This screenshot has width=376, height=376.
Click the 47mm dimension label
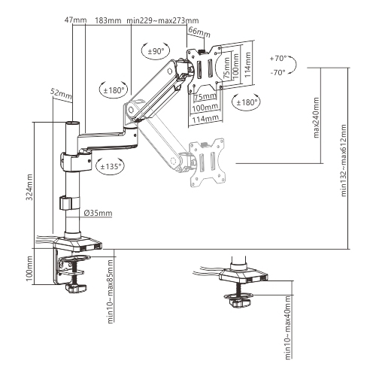pyautogui.click(x=75, y=20)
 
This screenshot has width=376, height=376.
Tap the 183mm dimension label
pyautogui.click(x=108, y=20)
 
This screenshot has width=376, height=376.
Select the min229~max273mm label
pyautogui.click(x=162, y=20)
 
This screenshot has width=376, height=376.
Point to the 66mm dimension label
pyautogui.click(x=199, y=32)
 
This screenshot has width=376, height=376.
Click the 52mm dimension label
pyautogui.click(x=61, y=94)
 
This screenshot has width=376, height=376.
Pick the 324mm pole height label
pyautogui.click(x=29, y=187)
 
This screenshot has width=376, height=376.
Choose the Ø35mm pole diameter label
pyautogui.click(x=98, y=213)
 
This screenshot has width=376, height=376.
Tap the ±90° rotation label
pyautogui.click(x=156, y=51)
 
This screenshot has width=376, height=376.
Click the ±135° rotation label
pyautogui.click(x=111, y=166)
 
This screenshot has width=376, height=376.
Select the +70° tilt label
pyautogui.click(x=278, y=58)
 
